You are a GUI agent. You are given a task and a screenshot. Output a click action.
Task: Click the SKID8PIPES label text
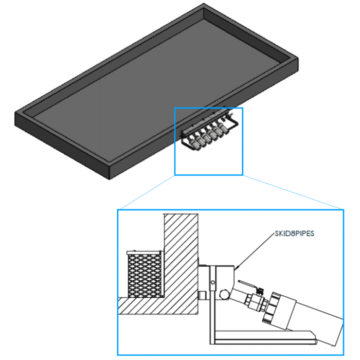click(x=294, y=233)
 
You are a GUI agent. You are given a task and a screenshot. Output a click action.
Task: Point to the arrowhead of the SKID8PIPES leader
click(x=236, y=268)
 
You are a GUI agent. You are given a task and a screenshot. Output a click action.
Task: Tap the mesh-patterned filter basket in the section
click(x=145, y=276)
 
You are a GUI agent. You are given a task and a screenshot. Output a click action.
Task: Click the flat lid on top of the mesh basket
click(x=144, y=253)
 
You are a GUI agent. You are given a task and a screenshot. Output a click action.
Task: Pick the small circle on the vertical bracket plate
click(x=213, y=282)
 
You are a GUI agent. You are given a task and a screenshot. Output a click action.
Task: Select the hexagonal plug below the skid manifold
click(x=224, y=295)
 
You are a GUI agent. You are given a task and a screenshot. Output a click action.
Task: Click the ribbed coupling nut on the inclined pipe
click(x=272, y=307)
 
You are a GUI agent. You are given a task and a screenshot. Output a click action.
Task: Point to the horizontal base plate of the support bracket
click(x=263, y=337)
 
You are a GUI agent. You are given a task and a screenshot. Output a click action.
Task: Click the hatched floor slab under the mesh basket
click(x=158, y=306)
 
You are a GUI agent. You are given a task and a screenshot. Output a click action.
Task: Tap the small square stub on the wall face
click(x=202, y=296)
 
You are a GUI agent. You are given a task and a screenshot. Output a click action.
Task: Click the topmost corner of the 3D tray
click(x=204, y=3)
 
